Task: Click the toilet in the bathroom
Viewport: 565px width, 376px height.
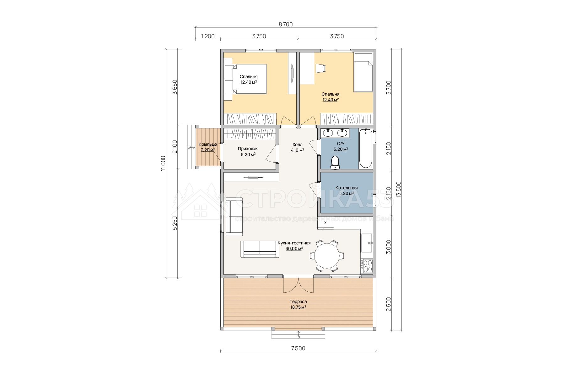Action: point(335,162)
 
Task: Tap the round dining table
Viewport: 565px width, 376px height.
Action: point(327,256)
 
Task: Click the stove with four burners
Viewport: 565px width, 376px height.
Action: point(367,265)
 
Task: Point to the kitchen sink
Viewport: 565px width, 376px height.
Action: point(367,243)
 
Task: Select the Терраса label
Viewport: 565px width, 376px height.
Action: point(298,301)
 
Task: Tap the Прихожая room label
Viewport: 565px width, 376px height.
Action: point(248,149)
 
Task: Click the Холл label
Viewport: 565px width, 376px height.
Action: point(297,144)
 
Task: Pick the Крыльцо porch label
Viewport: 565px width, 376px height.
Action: point(208,144)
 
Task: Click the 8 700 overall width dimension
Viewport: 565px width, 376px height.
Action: point(286,24)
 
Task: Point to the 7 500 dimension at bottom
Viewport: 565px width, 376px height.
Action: point(298,348)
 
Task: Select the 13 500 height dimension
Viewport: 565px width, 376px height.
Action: point(399,190)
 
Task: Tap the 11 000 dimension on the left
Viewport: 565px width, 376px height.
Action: point(163,163)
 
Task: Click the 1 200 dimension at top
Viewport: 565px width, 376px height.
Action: point(207,36)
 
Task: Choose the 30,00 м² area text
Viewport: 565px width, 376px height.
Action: point(294,248)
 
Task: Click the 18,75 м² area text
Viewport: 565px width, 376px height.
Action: point(298,307)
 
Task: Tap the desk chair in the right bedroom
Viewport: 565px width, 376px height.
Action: point(320,68)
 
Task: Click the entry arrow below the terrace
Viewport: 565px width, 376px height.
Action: point(298,335)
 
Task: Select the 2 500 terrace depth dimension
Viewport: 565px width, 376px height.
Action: point(389,304)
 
